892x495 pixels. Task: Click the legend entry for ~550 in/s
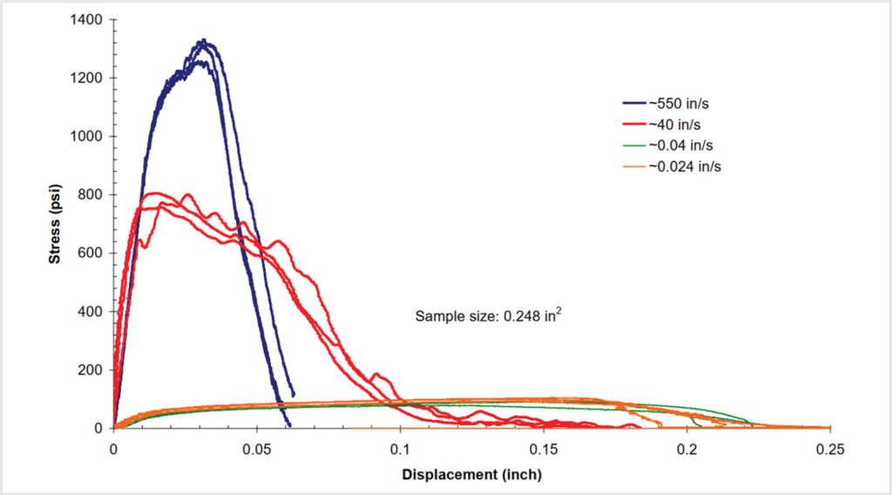[673, 103]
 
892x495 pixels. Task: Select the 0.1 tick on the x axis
[400, 448]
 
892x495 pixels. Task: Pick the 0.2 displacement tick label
[687, 448]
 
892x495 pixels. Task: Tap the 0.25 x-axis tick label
[830, 448]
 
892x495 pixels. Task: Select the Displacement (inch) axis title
[471, 475]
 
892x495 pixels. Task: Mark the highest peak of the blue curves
[202, 40]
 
